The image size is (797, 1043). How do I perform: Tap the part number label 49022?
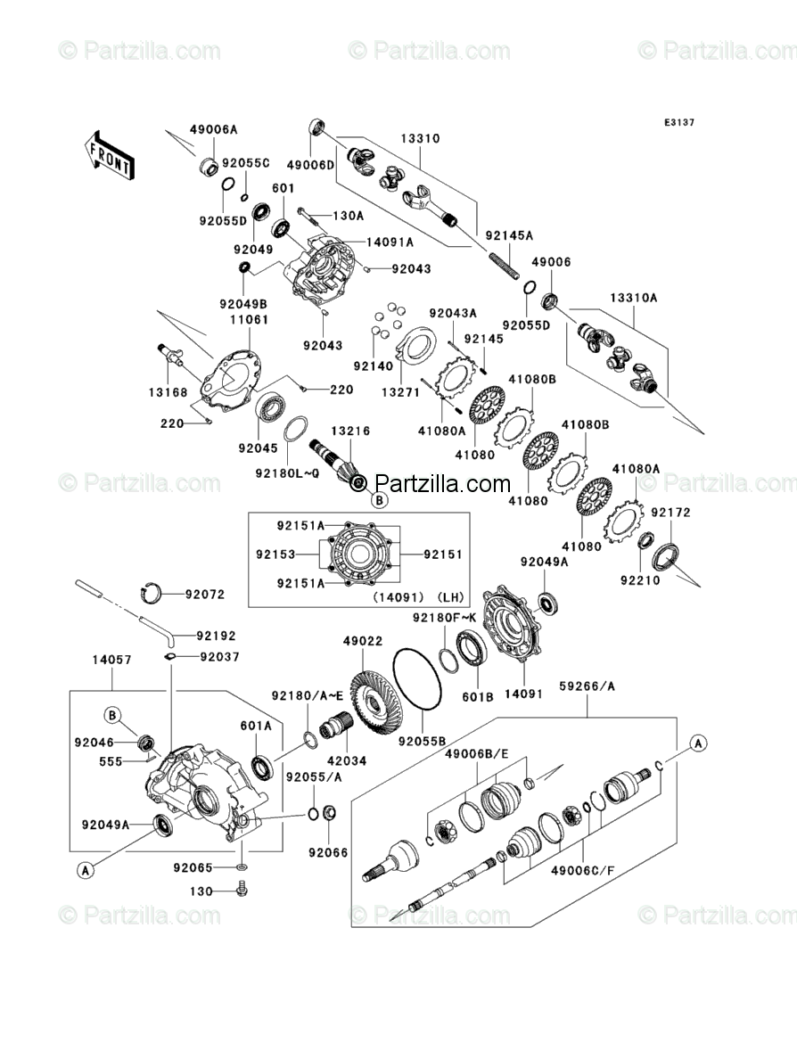point(362,639)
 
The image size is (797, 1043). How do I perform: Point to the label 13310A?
point(634,299)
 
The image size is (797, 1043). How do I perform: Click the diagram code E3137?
point(678,123)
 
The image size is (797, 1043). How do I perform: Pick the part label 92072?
point(205,594)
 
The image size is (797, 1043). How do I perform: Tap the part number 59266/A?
point(587,686)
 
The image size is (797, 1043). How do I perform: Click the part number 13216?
point(351,431)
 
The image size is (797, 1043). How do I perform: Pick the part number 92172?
point(670,513)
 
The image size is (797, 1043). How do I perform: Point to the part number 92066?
point(327,851)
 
